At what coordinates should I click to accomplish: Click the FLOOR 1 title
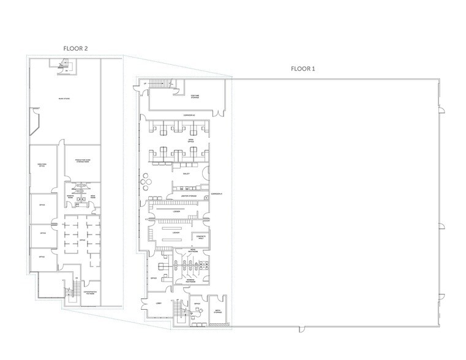303,69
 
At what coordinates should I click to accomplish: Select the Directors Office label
42,165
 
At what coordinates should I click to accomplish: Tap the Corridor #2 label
189,115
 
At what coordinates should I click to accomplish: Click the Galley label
186,173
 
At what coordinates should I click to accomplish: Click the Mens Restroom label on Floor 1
192,250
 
